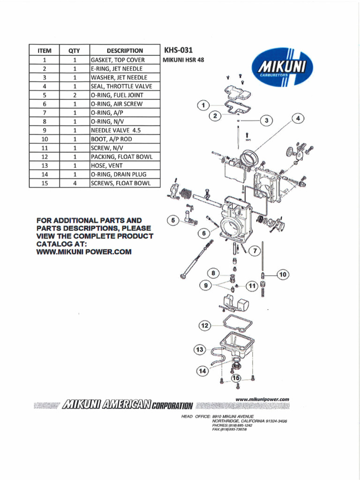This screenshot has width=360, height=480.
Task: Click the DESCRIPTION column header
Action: [x=125, y=51]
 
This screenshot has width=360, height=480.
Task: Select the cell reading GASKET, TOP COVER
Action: [x=118, y=60]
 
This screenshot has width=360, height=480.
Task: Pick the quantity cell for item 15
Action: [x=75, y=183]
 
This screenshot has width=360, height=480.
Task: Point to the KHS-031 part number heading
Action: [x=178, y=50]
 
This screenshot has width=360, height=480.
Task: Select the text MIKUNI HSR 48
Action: [x=183, y=60]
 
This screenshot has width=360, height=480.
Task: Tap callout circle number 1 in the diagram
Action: [x=202, y=105]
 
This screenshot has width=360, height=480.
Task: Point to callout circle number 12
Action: [x=204, y=325]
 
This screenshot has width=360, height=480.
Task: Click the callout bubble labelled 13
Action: [x=200, y=350]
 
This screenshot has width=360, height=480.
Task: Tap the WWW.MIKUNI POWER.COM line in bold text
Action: [x=84, y=252]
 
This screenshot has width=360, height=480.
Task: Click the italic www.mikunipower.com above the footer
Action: [x=262, y=399]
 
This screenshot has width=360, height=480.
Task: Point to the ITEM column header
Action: [x=44, y=51]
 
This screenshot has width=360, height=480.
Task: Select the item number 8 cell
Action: [x=44, y=121]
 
